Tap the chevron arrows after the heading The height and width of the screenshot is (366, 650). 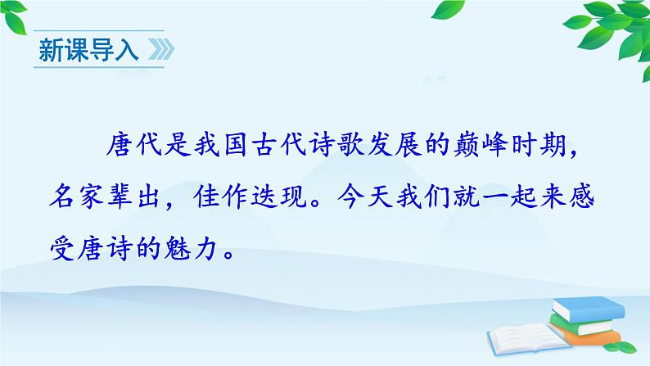tap(157, 51)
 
